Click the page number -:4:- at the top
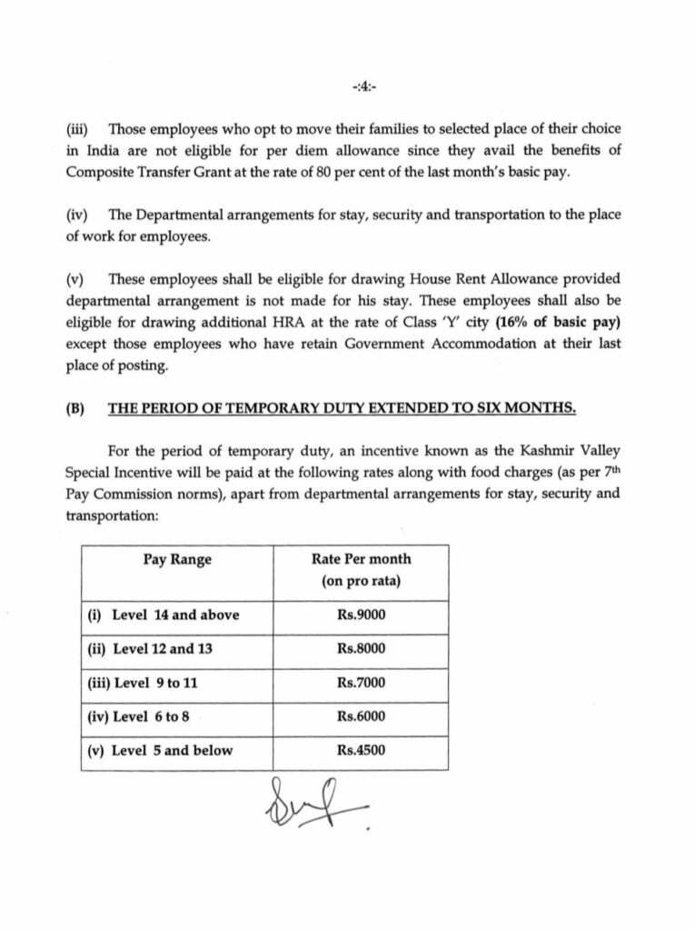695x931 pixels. pyautogui.click(x=363, y=87)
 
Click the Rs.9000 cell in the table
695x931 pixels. pyautogui.click(x=361, y=615)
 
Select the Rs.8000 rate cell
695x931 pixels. pyautogui.click(x=361, y=648)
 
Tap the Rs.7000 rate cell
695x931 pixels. pyautogui.click(x=361, y=683)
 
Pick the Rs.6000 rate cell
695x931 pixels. pyautogui.click(x=361, y=716)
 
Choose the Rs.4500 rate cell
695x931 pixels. pyautogui.click(x=361, y=750)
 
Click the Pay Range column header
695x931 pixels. pyautogui.click(x=177, y=559)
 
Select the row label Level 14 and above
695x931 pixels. pyautogui.click(x=164, y=615)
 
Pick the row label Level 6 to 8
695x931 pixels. pyautogui.click(x=139, y=716)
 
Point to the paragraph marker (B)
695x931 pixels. pyautogui.click(x=75, y=408)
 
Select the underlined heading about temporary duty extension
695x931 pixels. pyautogui.click(x=342, y=408)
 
